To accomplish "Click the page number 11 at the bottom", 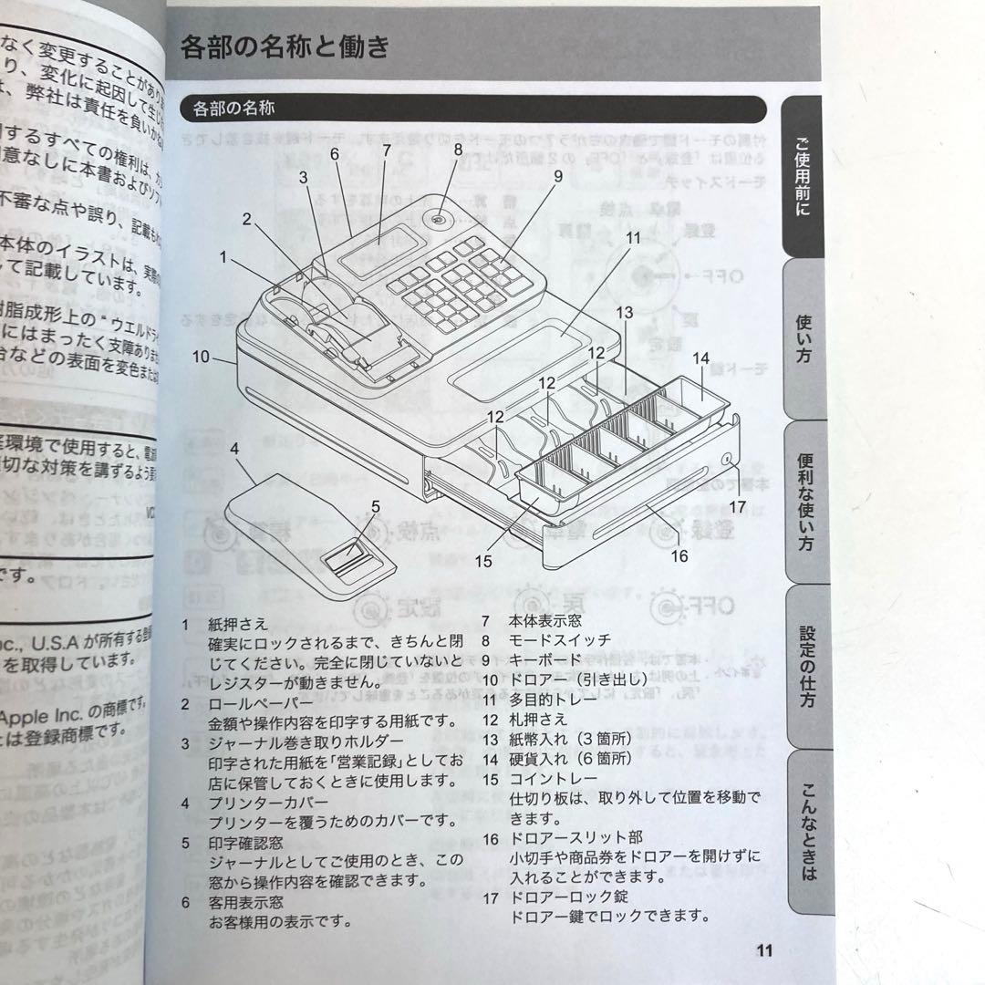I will click(764, 950).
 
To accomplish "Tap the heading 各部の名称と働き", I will click(285, 46).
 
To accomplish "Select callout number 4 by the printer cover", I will click(234, 449).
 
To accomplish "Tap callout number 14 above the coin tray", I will click(700, 359).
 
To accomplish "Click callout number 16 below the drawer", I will click(679, 555).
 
